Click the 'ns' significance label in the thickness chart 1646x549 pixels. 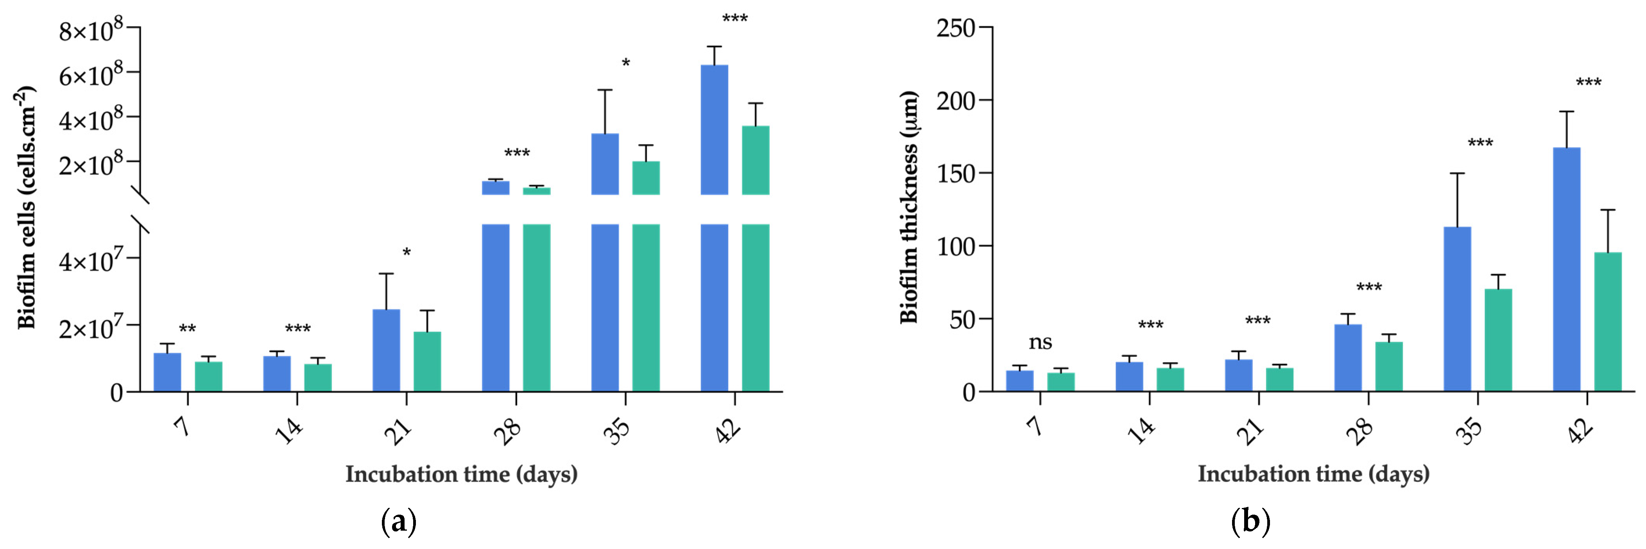tap(1040, 343)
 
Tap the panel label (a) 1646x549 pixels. tap(399, 522)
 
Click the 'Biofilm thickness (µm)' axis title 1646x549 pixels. tap(909, 207)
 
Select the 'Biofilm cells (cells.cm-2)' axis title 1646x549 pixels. tap(25, 207)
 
